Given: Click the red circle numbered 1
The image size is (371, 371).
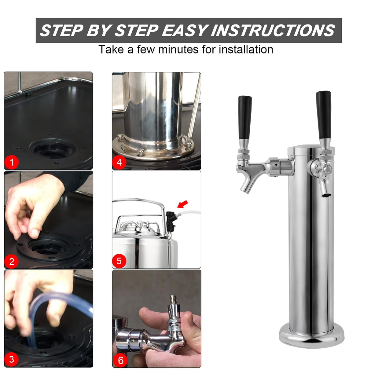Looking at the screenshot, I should pos(12,162).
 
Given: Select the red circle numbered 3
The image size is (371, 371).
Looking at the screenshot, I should pos(12,359).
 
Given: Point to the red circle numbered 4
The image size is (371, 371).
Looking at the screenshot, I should pos(119,162).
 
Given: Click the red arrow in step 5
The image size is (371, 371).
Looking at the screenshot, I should pos(183,204).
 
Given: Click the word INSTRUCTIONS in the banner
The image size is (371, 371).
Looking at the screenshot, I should pos(273,31).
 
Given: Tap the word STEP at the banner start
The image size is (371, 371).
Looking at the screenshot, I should pos(61,31).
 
